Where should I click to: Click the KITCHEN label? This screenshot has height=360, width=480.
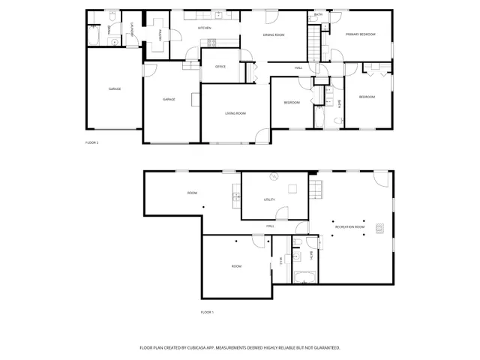(204, 28)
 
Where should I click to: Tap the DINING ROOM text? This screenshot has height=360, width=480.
(273, 35)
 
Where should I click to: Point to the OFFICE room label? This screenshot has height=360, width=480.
(220, 67)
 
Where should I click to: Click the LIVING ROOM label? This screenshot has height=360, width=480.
(235, 113)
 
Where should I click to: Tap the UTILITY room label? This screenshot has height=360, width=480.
(270, 199)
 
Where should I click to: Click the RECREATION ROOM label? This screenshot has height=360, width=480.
(349, 226)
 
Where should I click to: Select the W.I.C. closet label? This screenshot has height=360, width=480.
(280, 260)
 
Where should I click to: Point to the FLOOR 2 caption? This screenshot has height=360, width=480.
(92, 142)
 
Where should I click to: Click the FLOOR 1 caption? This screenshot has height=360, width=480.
(207, 312)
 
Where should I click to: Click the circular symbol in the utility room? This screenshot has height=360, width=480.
(274, 177)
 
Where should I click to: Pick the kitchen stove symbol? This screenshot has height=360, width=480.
(211, 41)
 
